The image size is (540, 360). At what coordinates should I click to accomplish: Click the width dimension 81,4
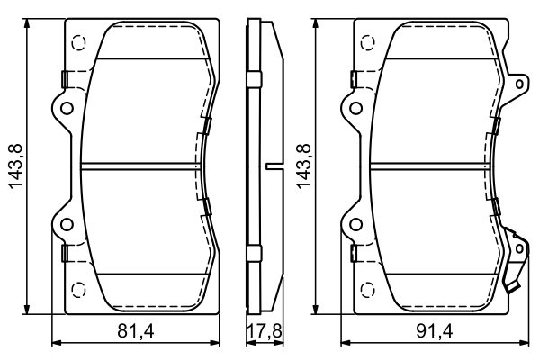click(x=137, y=331)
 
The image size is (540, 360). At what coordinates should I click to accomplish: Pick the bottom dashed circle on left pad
click(x=77, y=289)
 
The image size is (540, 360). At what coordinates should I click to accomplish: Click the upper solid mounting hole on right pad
click(x=356, y=109)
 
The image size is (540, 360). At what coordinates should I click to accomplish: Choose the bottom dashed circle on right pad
click(x=367, y=289)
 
